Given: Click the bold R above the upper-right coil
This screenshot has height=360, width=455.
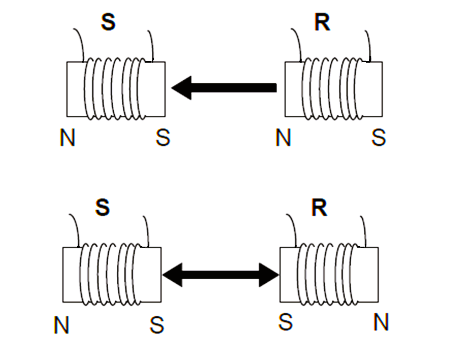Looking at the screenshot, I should pos(322,23).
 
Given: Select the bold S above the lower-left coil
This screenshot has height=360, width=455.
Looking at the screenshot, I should pos(102,208).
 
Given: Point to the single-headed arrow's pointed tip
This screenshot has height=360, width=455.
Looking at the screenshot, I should pos(174,88).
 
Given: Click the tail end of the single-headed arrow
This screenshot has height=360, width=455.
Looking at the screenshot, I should pos(275,88).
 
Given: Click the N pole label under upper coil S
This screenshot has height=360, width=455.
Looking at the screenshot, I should pos(67,138).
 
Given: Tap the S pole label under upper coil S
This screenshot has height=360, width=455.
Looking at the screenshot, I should pos(162,138).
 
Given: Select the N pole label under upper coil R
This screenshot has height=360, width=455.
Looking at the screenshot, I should pos(283,138).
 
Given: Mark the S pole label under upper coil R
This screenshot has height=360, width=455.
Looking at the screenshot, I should pos(379,138).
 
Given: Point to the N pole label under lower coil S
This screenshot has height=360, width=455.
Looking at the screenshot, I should pos(61,326).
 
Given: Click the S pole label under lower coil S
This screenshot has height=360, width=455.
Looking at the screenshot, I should pos(157,326).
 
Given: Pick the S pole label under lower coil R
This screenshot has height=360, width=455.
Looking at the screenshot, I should pos(286,323).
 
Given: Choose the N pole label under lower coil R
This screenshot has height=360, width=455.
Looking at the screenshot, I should pos(381,323).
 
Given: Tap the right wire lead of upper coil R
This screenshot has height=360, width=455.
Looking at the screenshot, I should pos(368,44).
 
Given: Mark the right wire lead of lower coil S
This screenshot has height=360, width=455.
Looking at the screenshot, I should pos(146,228).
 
